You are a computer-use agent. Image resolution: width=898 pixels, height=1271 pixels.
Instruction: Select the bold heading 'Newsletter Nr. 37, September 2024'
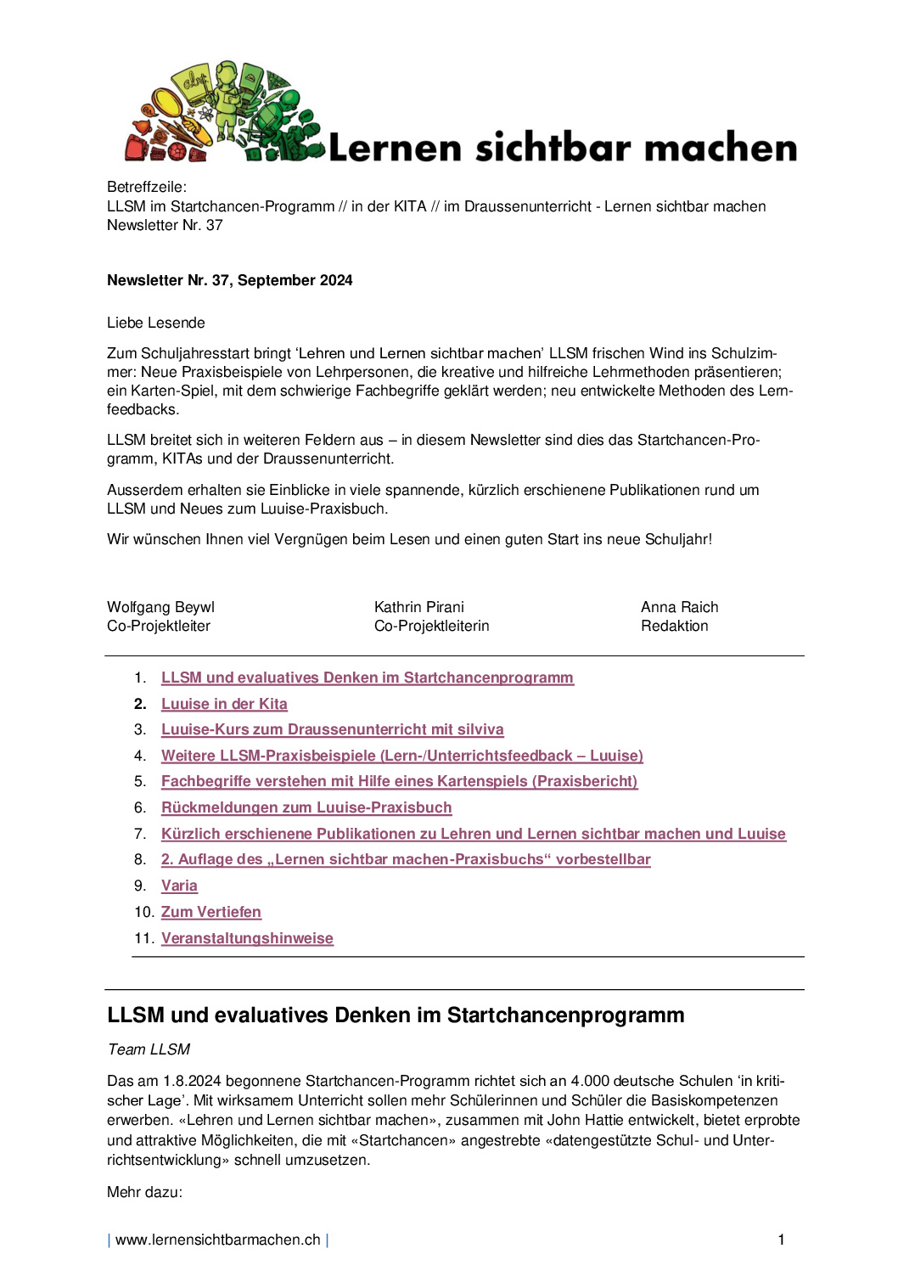tap(229, 280)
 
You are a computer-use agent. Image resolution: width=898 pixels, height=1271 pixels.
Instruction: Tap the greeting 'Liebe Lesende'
tap(156, 323)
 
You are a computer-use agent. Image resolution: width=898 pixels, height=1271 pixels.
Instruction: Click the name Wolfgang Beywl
tap(160, 607)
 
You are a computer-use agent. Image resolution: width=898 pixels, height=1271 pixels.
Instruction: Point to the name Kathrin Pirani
tap(419, 607)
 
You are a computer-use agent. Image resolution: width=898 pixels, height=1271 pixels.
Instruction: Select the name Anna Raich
tap(679, 607)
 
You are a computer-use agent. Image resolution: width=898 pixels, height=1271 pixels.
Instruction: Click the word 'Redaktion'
tap(674, 626)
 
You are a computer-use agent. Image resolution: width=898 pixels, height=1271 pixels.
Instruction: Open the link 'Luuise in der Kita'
tap(224, 704)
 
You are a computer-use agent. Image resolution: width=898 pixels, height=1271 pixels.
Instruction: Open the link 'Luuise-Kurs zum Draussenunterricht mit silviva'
tap(332, 729)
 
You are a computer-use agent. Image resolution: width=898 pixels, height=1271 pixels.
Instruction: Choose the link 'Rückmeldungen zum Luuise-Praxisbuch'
tap(306, 807)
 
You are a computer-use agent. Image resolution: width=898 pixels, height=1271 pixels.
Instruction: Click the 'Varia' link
tap(179, 886)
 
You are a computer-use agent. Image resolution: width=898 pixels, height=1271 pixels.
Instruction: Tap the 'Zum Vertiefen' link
tap(211, 912)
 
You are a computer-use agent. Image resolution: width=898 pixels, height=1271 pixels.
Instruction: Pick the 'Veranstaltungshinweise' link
tap(247, 938)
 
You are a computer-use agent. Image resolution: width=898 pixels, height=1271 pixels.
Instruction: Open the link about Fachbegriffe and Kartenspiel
tap(399, 781)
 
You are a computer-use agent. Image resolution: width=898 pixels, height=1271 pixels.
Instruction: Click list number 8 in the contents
tap(140, 859)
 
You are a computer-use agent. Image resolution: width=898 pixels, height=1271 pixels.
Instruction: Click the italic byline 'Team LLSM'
tap(149, 1049)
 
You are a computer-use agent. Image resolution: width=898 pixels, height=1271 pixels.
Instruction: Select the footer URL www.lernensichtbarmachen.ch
tap(218, 1240)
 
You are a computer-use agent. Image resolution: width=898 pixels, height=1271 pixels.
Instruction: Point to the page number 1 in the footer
tap(781, 1240)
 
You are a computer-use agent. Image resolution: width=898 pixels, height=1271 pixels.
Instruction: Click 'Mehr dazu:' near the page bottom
tap(144, 1192)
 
